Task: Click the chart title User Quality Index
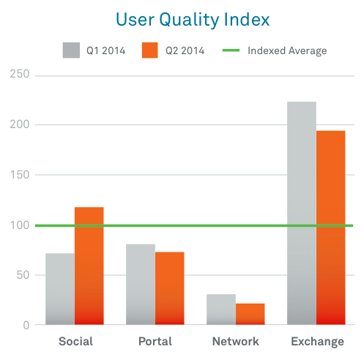tap(193, 20)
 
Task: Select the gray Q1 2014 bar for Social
tap(60, 289)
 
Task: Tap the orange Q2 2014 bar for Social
tap(89, 266)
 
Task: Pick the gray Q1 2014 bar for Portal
tap(141, 284)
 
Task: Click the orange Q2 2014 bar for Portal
tap(170, 288)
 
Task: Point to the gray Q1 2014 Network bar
tap(221, 310)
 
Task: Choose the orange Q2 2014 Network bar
tap(250, 314)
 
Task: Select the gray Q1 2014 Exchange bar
tap(302, 213)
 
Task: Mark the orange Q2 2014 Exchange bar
tap(331, 228)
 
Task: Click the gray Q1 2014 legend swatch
tap(71, 50)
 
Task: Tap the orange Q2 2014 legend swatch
tap(150, 50)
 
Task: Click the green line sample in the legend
tap(231, 50)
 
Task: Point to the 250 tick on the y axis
tap(20, 74)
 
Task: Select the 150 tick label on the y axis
tap(20, 175)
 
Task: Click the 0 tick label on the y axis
tap(26, 326)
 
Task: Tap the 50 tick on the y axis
tap(23, 275)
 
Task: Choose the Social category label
tap(76, 341)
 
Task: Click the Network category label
tap(236, 341)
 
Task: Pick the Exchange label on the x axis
tap(317, 342)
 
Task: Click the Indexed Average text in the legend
tap(287, 51)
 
